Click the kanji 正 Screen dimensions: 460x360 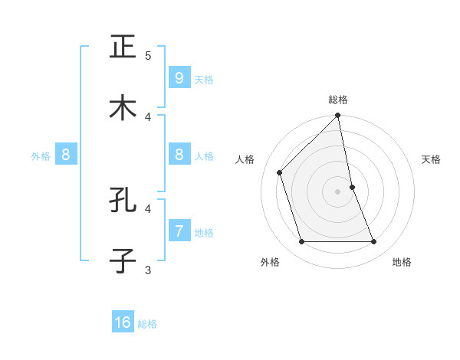pos(123,47)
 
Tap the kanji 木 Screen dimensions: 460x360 pos(123,107)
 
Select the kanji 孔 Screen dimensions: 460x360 pos(123,200)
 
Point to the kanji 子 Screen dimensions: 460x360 pos(123,260)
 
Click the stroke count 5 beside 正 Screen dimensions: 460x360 pos(148,55)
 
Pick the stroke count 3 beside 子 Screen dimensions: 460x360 pos(148,269)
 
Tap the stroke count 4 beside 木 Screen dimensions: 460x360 pos(148,116)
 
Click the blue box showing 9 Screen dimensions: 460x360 pos(179,77)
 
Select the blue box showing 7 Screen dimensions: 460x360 pos(179,231)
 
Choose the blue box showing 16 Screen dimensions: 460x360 pos(123,322)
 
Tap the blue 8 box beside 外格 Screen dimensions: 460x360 pos(66,155)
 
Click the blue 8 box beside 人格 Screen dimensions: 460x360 pos(179,155)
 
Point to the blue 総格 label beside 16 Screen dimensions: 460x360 pos(147,324)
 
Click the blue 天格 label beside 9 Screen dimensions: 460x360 pos(204,79)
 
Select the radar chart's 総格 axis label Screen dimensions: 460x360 pos(338,100)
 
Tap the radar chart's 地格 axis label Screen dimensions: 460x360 pos(402,262)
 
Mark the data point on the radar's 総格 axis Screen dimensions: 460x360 pos(338,116)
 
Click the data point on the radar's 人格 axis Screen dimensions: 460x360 pos(280,172)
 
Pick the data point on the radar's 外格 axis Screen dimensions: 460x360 pos(302,241)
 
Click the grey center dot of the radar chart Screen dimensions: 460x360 pos(338,191)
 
